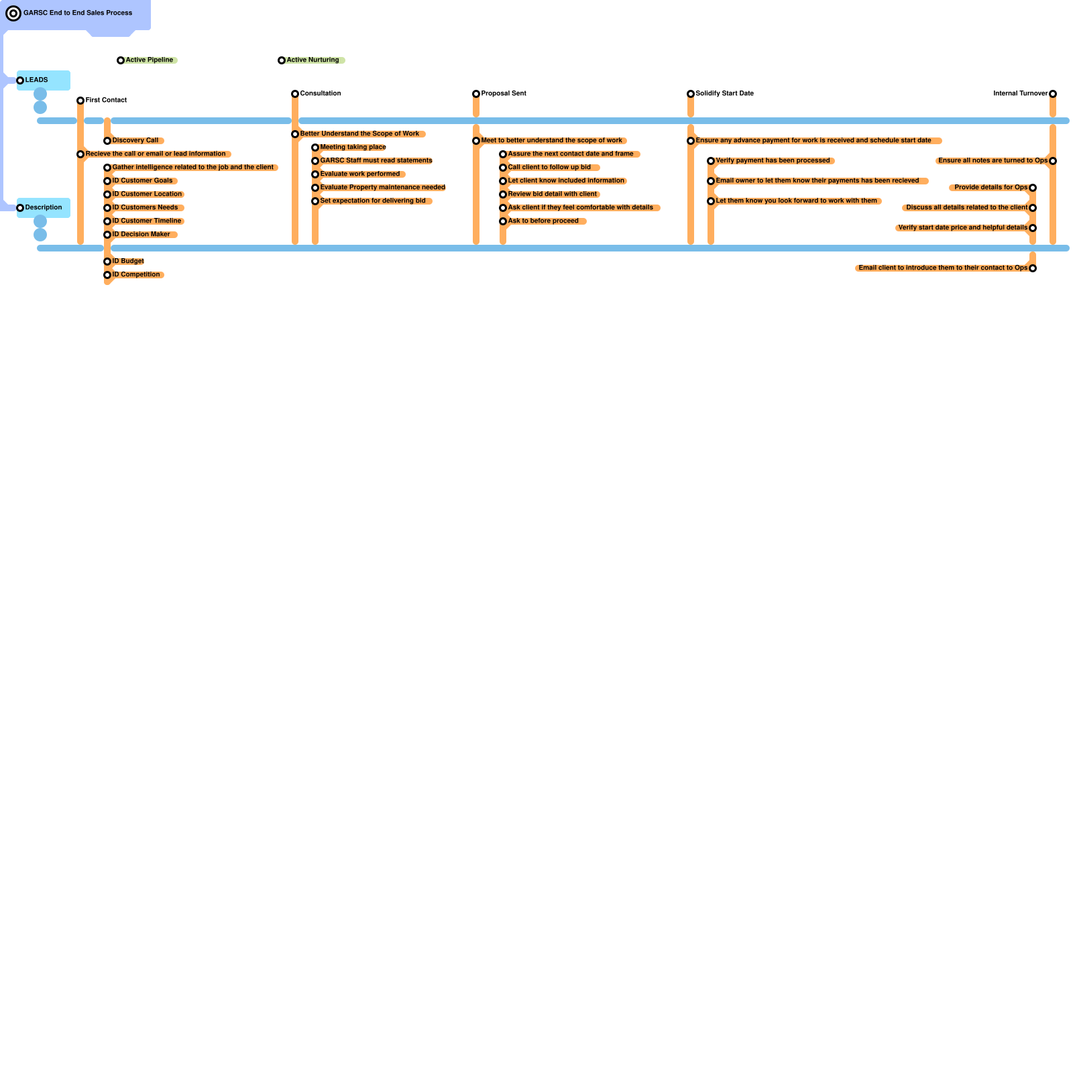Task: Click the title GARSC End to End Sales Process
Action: (x=78, y=13)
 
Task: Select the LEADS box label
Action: (x=37, y=80)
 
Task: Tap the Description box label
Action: (x=44, y=207)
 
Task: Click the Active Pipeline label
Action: (x=150, y=60)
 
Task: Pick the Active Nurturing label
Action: (x=313, y=60)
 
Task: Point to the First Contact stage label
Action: (x=106, y=100)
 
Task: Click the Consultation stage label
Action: (x=321, y=93)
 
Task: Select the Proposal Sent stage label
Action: (x=504, y=93)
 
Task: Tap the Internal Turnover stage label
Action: (x=1020, y=93)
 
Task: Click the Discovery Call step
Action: (x=135, y=140)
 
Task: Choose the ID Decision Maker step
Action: (x=141, y=234)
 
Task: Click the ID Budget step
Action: (x=128, y=261)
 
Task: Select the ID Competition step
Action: (x=136, y=274)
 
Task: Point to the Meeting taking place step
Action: (x=353, y=147)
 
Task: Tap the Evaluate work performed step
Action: (x=359, y=174)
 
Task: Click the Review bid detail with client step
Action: (x=552, y=194)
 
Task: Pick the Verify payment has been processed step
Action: (x=773, y=160)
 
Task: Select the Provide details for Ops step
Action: (x=991, y=187)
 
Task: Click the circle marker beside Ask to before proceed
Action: (x=503, y=221)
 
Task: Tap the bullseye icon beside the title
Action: (x=13, y=13)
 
